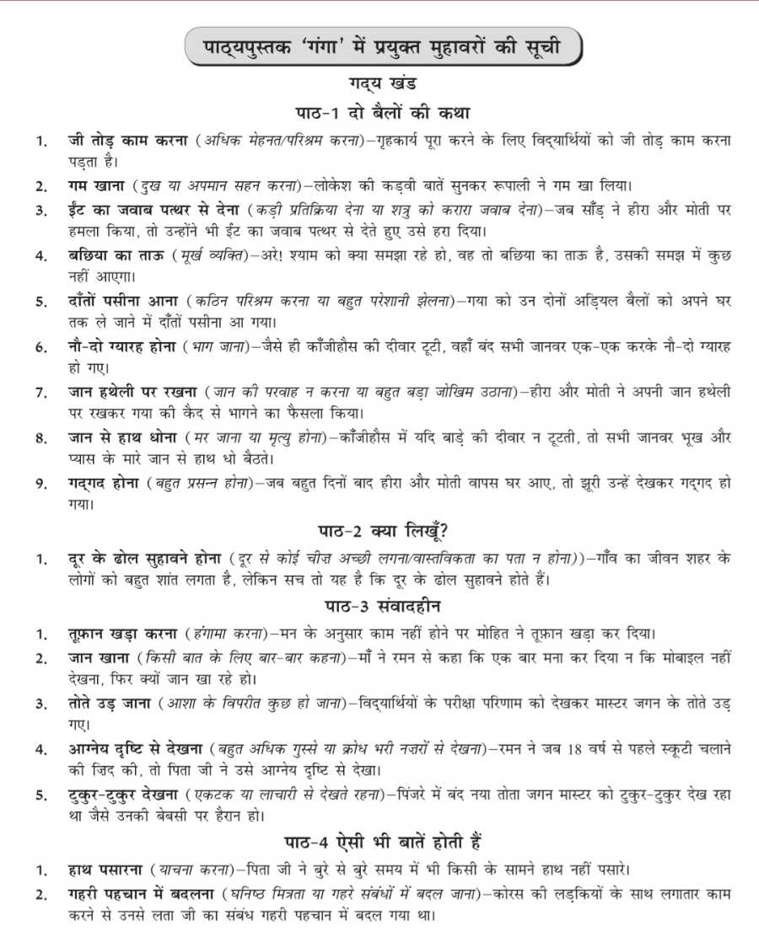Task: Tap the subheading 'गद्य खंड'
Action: pyautogui.click(x=379, y=84)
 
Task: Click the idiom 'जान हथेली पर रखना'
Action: pyautogui.click(x=135, y=392)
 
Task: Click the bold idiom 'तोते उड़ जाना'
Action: pyautogui.click(x=110, y=702)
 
